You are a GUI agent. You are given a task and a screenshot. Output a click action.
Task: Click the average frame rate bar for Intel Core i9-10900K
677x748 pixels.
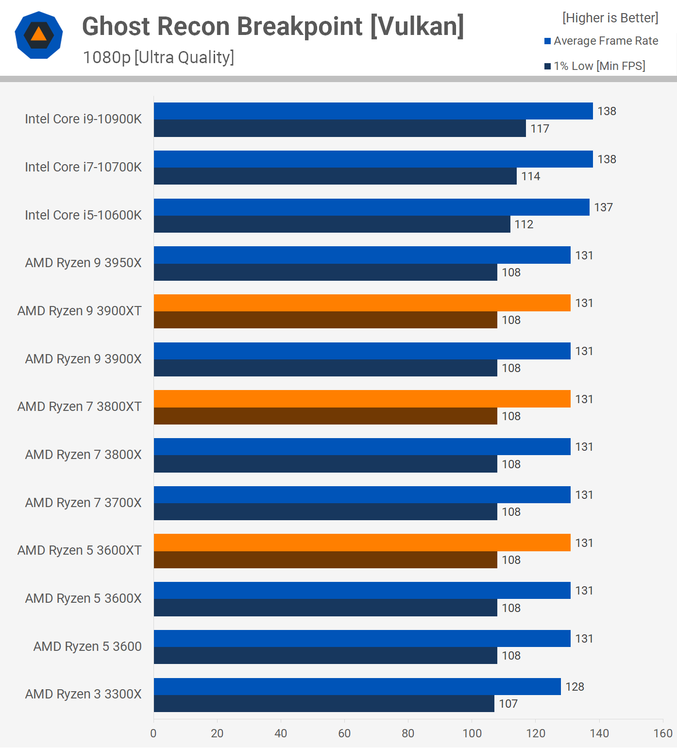click(373, 111)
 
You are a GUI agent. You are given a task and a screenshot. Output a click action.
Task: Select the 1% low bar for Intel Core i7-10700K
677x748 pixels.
click(335, 176)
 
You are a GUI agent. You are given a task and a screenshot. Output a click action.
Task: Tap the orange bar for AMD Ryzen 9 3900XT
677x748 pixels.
click(362, 303)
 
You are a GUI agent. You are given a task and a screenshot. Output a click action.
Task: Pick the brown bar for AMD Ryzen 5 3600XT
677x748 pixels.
click(325, 560)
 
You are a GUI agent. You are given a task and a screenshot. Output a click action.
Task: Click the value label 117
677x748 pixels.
click(540, 129)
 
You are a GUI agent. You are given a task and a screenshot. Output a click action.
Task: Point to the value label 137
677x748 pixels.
click(603, 207)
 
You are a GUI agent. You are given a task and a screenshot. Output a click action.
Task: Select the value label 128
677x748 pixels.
click(575, 687)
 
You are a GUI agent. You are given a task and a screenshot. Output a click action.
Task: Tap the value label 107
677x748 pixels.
click(508, 704)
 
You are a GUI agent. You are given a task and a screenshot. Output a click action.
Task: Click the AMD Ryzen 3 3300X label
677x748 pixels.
click(83, 694)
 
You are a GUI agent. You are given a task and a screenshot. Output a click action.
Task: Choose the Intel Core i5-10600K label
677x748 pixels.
click(83, 215)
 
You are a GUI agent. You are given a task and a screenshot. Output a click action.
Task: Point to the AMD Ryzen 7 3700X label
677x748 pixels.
click(83, 503)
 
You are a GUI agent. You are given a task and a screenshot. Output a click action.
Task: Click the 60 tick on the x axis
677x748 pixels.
click(344, 733)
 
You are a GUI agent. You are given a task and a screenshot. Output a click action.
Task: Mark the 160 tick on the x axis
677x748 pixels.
click(663, 733)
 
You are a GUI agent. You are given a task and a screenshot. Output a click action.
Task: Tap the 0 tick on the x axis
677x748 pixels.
click(153, 733)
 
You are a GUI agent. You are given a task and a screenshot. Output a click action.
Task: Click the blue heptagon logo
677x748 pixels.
click(39, 35)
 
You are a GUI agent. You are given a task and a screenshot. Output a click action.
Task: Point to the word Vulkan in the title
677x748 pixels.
click(417, 26)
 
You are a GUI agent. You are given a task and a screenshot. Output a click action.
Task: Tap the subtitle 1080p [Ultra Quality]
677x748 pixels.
click(158, 57)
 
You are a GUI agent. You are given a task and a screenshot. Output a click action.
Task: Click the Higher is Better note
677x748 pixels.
click(610, 18)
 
